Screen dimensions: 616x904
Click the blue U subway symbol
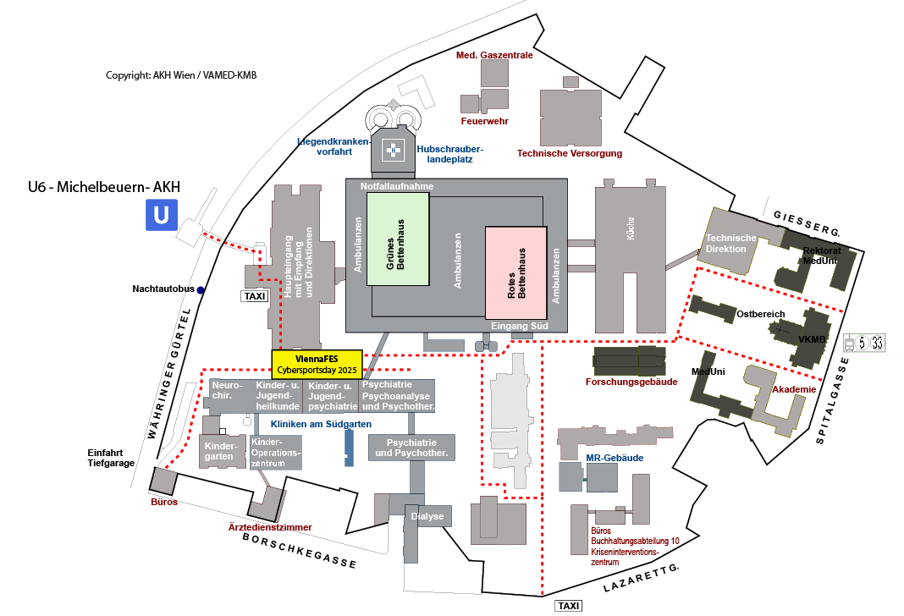click(161, 215)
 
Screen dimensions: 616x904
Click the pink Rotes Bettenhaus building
click(516, 272)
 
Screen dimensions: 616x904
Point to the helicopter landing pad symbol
click(393, 151)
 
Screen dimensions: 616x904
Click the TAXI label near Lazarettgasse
click(568, 605)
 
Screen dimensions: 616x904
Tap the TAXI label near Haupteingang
click(254, 296)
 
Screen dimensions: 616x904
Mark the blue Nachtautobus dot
click(201, 290)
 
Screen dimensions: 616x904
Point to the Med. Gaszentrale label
click(494, 55)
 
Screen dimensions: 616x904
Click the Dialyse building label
click(427, 516)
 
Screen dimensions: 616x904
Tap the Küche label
click(630, 232)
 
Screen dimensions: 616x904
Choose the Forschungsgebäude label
click(631, 382)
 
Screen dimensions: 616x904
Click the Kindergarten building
click(220, 451)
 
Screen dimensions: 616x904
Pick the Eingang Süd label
click(521, 326)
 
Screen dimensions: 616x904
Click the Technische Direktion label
click(731, 243)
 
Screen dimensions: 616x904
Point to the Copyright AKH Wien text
click(181, 75)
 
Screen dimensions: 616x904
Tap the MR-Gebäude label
click(615, 458)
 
